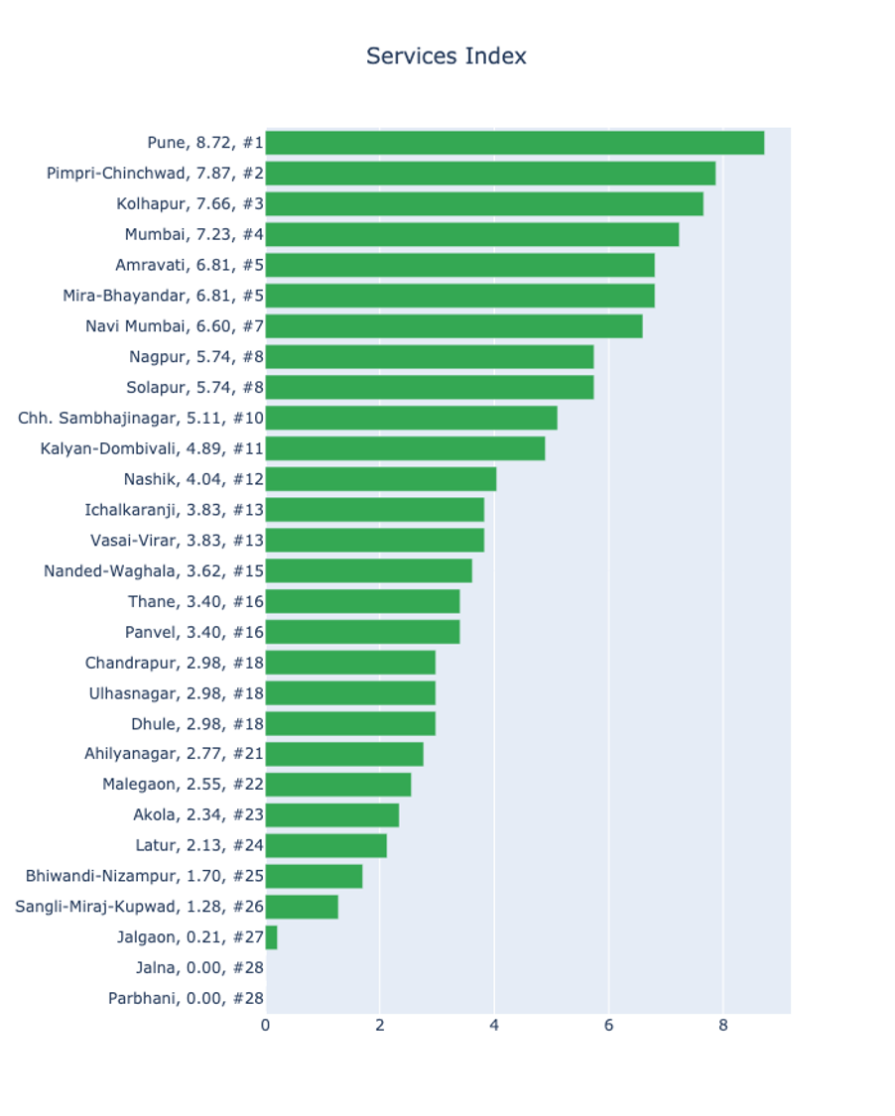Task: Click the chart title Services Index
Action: coord(446,56)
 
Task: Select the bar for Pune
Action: coord(514,143)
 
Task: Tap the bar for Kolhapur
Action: coord(484,204)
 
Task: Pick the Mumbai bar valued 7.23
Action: coord(471,235)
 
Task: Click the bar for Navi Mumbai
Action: coord(453,326)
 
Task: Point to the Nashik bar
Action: coord(380,479)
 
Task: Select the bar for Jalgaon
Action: coord(271,937)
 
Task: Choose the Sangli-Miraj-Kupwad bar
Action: coord(302,907)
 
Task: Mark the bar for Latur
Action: coord(325,846)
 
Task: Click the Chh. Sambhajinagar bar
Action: coord(411,418)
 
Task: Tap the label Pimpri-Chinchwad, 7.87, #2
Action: coord(155,174)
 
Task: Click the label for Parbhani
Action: coord(186,999)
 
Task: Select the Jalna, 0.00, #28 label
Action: coord(199,968)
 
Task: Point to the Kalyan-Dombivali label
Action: coord(153,448)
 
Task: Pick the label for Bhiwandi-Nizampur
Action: coord(145,877)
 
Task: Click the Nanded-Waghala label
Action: coord(154,570)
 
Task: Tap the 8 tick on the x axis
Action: coord(723,1026)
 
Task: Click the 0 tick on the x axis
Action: coord(266,1026)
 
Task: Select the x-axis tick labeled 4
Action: coord(494,1026)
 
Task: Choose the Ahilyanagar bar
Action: coord(344,754)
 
